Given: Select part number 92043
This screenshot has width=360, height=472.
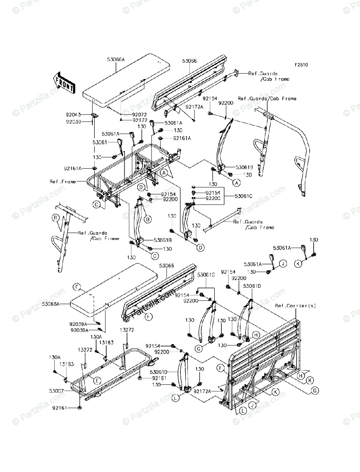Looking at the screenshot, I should (73, 115).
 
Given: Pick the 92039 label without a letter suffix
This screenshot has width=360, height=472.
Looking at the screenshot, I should (73, 122).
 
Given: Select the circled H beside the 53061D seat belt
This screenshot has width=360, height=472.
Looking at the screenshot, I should (255, 335).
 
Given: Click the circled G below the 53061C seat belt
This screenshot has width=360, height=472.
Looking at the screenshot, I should (199, 348).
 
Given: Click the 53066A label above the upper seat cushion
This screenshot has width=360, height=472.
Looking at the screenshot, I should (115, 59).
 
